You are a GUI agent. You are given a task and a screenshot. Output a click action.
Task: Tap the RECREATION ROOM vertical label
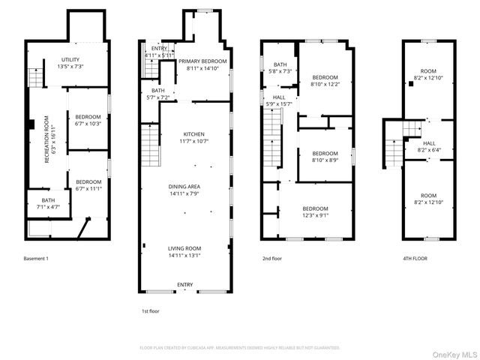46,138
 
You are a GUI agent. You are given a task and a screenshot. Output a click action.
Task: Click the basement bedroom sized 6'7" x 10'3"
88,120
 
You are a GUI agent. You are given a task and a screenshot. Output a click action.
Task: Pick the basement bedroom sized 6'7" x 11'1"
88,184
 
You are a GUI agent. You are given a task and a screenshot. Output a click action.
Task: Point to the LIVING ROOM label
184,251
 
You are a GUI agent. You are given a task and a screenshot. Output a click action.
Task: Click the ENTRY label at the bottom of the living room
184,284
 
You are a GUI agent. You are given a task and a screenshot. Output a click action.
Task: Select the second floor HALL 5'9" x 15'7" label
279,100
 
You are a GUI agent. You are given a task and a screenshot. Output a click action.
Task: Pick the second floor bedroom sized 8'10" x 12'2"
325,80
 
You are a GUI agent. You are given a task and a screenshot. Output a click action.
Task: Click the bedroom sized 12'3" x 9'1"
315,211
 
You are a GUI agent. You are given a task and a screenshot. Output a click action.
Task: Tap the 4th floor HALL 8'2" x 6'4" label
429,146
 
